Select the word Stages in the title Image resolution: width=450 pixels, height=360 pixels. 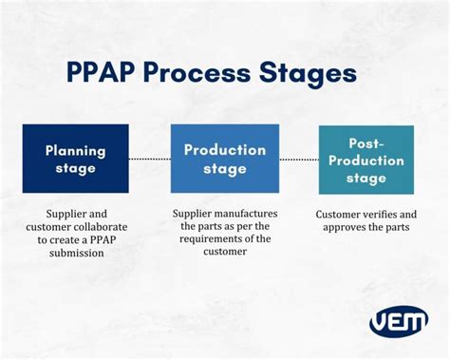(312, 74)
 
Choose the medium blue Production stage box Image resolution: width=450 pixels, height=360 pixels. (224, 158)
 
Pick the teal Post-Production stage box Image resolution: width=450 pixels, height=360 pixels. (366, 160)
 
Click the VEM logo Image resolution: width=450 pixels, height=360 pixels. (398, 320)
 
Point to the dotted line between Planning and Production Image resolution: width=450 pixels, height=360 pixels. (149, 159)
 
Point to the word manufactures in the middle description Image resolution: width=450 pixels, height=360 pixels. (253, 214)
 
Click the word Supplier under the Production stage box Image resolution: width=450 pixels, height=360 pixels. (193, 214)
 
